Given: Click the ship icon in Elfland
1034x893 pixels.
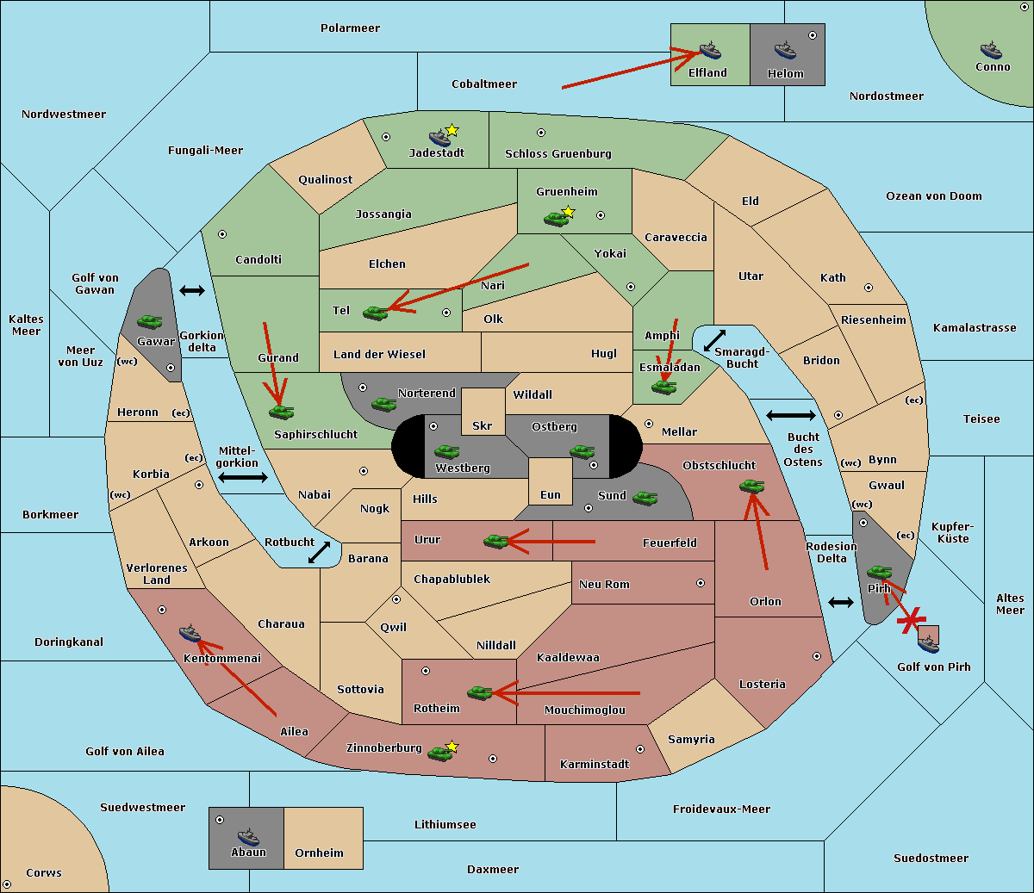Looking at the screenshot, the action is point(710,50).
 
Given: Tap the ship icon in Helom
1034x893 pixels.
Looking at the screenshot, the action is point(785,50).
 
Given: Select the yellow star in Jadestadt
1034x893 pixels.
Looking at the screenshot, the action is point(452,131).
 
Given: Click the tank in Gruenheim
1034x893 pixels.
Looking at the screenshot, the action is point(556,219).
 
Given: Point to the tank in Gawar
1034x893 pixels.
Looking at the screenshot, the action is point(149,321).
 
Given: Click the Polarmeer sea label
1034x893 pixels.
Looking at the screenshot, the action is point(350,28).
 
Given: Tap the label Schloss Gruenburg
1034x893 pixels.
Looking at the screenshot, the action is point(558,153).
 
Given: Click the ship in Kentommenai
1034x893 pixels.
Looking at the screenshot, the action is point(190,633).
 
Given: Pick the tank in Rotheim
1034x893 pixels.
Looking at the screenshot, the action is point(479,693).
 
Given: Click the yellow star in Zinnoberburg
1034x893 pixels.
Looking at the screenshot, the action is point(452,747).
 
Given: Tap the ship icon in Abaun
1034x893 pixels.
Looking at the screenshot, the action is point(248,837).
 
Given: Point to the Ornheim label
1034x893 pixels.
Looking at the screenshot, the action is point(319,853).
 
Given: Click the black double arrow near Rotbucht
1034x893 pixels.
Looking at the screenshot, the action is point(319,553).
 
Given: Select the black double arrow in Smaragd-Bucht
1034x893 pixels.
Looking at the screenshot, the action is point(714,340).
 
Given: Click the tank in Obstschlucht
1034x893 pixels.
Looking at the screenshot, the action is point(751,486).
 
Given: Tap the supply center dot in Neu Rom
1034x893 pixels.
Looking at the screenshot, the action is point(701,583).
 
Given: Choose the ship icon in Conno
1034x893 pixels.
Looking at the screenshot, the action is point(991,50).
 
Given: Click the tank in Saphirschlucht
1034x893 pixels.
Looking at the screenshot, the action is point(281,412).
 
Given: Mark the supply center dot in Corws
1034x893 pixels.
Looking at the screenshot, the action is point(7,884).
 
